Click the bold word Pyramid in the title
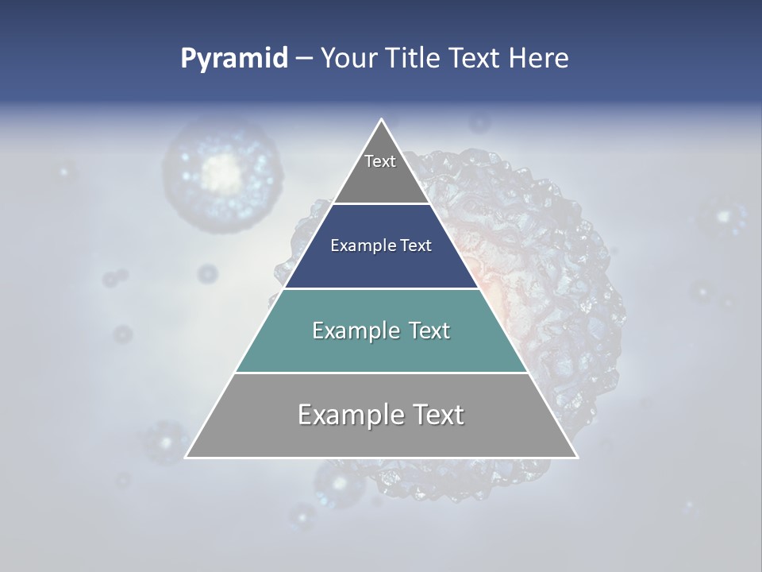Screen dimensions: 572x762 [x=233, y=59]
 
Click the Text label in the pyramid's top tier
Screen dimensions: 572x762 [x=380, y=161]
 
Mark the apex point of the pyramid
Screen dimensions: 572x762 [x=382, y=120]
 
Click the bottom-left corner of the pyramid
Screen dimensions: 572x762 [x=186, y=457]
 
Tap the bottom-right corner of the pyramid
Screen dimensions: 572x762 [x=577, y=457]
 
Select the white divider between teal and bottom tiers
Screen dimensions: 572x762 [x=382, y=373]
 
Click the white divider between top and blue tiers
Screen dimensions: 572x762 [x=382, y=204]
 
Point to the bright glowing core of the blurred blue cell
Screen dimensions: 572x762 [x=223, y=168]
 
